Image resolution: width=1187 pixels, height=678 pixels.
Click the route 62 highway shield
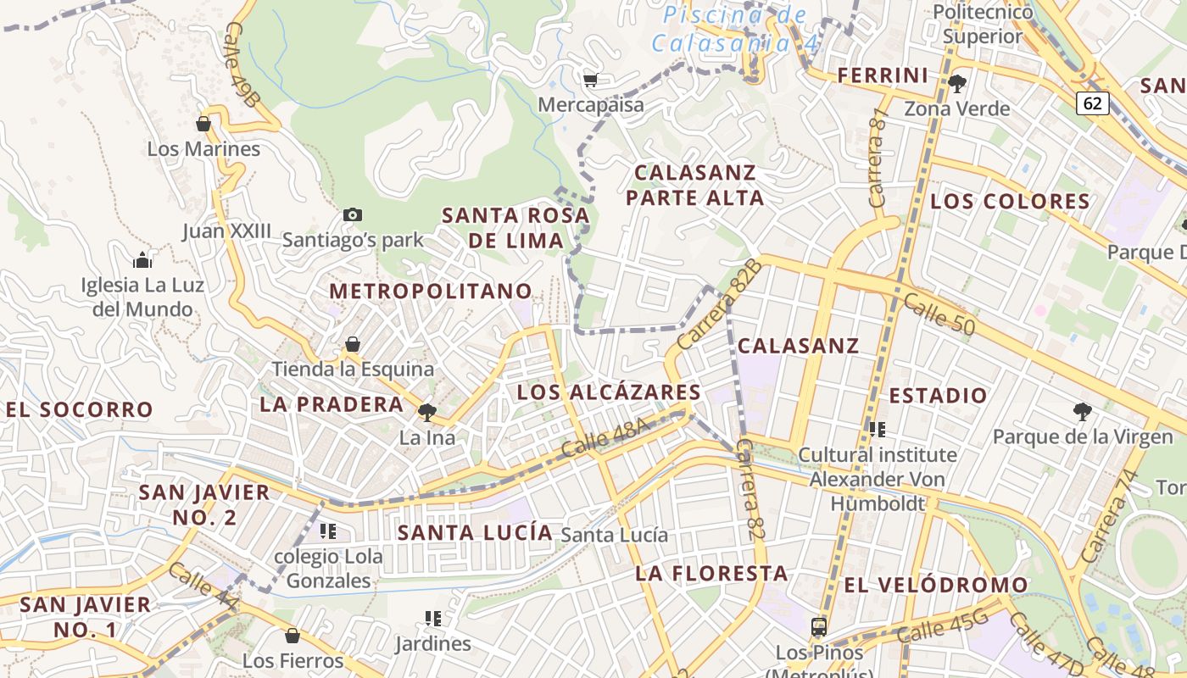1093,103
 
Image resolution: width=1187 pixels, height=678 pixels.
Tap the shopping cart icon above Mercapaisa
590,81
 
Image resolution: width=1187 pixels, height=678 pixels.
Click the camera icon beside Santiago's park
353,215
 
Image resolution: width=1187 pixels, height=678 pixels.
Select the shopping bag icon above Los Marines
203,124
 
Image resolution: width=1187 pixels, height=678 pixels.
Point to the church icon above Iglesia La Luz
142,259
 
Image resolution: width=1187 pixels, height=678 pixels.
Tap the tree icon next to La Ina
426,413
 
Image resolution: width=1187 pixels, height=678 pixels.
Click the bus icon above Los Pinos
818,627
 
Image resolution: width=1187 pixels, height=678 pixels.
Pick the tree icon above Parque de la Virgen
1082,412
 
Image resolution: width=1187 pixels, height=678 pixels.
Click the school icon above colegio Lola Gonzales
328,531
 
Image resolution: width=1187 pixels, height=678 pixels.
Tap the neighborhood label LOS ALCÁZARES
609,392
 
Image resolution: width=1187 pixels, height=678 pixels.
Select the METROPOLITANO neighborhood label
431,292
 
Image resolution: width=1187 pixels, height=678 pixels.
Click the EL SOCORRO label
80,410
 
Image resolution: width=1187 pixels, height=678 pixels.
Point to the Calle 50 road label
939,314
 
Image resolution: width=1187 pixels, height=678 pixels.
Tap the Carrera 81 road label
877,157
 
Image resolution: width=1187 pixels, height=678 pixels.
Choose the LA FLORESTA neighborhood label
712,574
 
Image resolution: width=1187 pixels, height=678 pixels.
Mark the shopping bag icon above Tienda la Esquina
353,344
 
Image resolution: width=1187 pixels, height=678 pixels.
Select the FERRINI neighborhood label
883,75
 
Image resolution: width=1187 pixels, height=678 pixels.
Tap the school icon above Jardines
433,619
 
